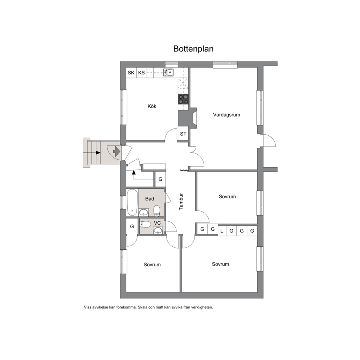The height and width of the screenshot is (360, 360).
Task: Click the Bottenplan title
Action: (193, 49)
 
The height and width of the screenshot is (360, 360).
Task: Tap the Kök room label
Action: (152, 106)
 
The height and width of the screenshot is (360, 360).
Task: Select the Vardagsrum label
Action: (226, 115)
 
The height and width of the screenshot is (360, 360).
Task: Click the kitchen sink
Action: (168, 72)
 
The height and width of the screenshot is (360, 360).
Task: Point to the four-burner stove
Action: (183, 99)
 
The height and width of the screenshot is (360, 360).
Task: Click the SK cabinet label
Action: (131, 73)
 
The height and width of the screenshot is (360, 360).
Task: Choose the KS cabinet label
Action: (142, 73)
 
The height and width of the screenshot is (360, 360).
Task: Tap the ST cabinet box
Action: (183, 134)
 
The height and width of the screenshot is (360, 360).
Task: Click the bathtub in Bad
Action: (132, 202)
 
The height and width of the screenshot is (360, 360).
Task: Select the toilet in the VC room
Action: (145, 224)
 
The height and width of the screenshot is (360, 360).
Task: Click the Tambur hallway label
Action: (181, 201)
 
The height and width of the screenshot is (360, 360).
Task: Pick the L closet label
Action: (222, 231)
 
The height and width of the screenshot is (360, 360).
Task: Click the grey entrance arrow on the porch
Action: (117, 151)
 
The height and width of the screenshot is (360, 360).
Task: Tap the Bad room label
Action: (150, 199)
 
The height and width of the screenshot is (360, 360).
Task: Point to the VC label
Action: (157, 223)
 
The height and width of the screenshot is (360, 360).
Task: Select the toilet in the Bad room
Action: (157, 211)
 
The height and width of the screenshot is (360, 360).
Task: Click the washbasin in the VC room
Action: (158, 230)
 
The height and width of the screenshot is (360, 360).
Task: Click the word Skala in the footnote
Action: (143, 307)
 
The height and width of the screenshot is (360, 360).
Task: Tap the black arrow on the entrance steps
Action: (98, 152)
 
